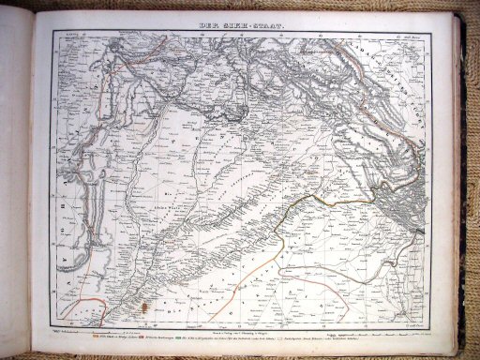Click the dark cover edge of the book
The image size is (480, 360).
coord(468,187)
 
